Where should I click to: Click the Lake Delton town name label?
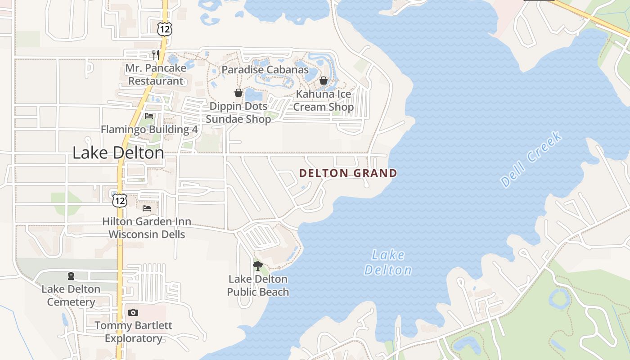pyautogui.click(x=118, y=153)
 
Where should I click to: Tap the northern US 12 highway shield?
pyautogui.click(x=164, y=29)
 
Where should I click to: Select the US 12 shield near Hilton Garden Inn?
pyautogui.click(x=119, y=200)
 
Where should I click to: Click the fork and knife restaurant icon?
pyautogui.click(x=156, y=55)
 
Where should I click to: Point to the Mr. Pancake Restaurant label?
pyautogui.click(x=156, y=75)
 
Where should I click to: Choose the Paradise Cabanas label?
pyautogui.click(x=265, y=70)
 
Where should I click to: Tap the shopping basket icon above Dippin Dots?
pyautogui.click(x=238, y=93)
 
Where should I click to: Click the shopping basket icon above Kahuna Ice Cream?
pyautogui.click(x=323, y=81)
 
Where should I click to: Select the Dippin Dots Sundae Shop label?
pyautogui.click(x=238, y=112)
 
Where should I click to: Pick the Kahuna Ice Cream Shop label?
pyautogui.click(x=323, y=101)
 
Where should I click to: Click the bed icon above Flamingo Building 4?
pyautogui.click(x=149, y=117)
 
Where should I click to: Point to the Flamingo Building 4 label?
pyautogui.click(x=149, y=130)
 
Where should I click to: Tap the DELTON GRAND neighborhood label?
pyautogui.click(x=348, y=173)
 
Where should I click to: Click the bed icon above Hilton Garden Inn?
pyautogui.click(x=147, y=208)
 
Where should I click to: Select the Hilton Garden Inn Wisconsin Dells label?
pyautogui.click(x=147, y=228)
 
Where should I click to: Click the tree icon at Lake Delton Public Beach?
pyautogui.click(x=257, y=266)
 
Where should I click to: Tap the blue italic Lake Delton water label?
pyautogui.click(x=387, y=263)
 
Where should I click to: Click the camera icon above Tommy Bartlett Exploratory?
pyautogui.click(x=133, y=312)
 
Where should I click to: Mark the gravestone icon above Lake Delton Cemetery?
pyautogui.click(x=71, y=276)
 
